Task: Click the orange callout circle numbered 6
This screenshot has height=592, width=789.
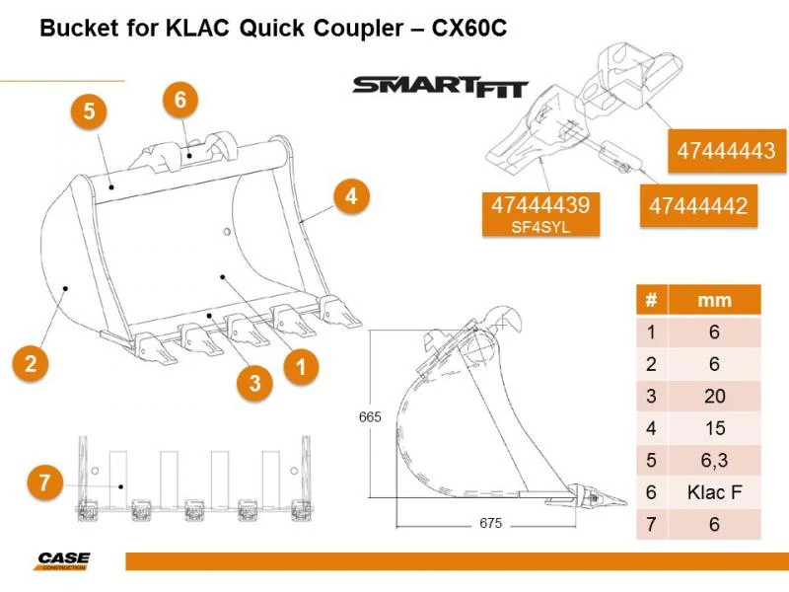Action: tap(179, 100)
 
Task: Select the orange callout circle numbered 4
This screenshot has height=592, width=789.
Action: tap(349, 196)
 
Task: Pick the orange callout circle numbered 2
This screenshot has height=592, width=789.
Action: tap(32, 362)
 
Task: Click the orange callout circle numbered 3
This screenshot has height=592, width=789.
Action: tap(254, 383)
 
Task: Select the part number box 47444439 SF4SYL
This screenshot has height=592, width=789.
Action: tap(540, 213)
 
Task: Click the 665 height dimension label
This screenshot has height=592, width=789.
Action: tap(369, 417)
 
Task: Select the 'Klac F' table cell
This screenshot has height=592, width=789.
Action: tap(714, 492)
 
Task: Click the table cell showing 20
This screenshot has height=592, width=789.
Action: tap(714, 397)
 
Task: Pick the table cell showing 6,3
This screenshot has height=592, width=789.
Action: tap(714, 461)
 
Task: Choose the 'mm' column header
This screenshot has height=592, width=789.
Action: tap(714, 300)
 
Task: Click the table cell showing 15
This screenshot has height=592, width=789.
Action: tap(714, 429)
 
